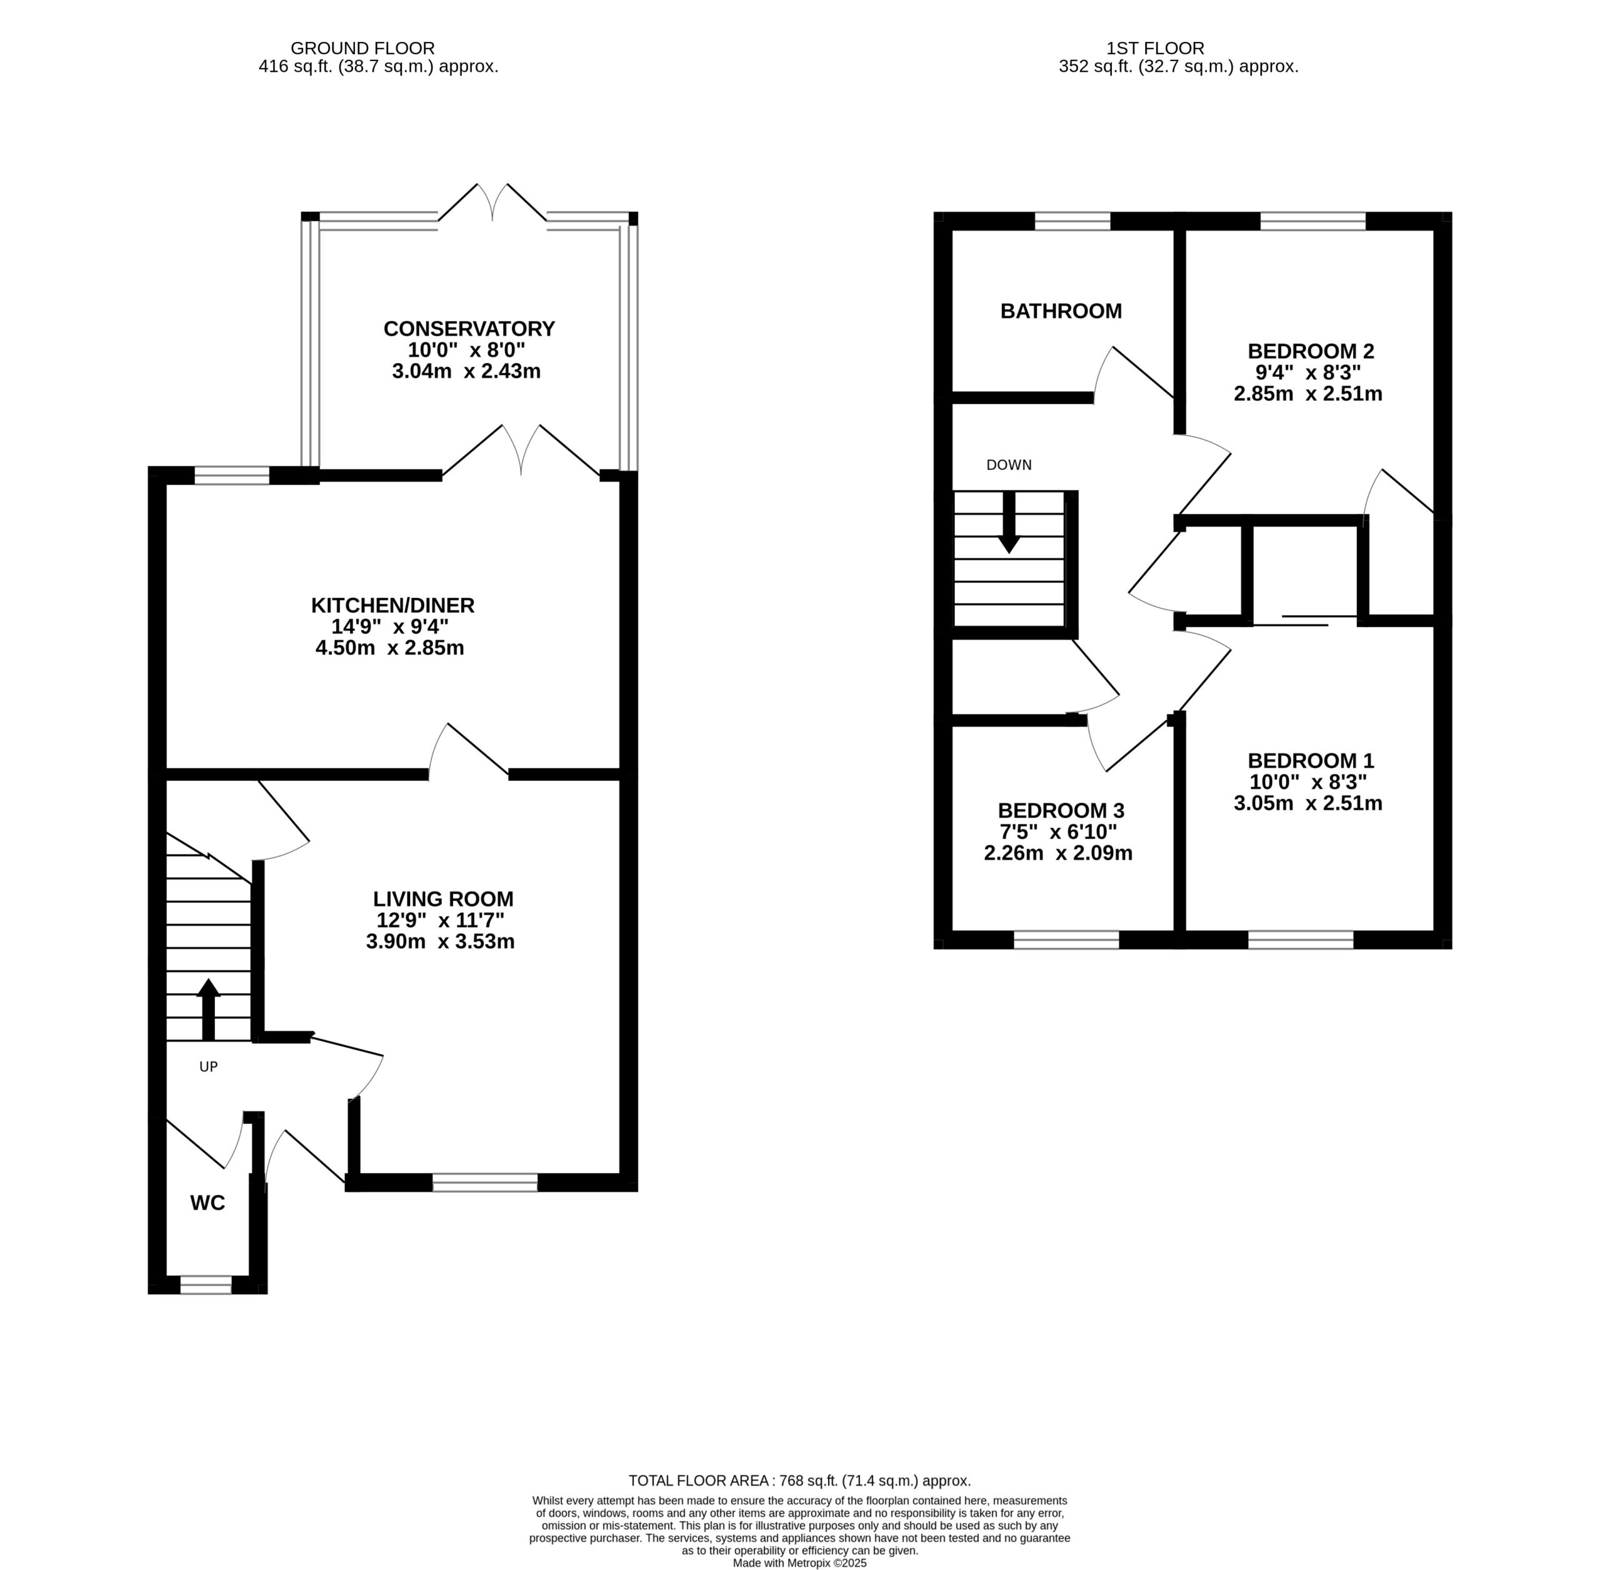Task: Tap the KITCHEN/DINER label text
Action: [392, 606]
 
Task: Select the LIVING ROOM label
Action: [443, 900]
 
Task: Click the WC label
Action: [208, 1203]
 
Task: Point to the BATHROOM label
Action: [1061, 312]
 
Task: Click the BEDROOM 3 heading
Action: [1061, 810]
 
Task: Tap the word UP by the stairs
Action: [209, 1067]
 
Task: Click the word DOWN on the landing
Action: [1009, 465]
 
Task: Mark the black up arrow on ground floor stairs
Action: [208, 1010]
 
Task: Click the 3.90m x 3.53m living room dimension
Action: [441, 942]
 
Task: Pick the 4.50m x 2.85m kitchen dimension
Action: [390, 648]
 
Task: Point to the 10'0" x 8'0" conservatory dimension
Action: [467, 350]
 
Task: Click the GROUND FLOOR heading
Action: [363, 49]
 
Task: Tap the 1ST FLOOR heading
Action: [1156, 49]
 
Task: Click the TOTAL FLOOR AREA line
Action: [799, 1481]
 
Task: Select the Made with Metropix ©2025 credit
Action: [800, 1563]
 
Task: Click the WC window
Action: [206, 1284]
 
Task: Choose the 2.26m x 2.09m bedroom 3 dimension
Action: [1058, 853]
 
